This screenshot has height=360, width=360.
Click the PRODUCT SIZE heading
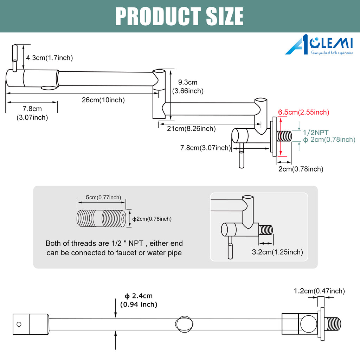tap(179, 16)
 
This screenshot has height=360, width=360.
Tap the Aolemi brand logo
tap(319, 45)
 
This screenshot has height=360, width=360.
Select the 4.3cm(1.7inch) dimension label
tap(49, 58)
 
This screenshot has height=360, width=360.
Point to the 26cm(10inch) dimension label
tap(103, 100)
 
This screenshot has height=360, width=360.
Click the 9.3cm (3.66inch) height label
tap(188, 86)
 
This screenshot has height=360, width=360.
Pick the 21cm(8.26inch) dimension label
tap(191, 129)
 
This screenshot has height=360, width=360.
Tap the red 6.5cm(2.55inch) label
tap(303, 112)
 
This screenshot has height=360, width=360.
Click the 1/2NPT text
tap(316, 133)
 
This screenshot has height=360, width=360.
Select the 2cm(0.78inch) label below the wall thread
tap(301, 169)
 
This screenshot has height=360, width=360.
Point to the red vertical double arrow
tap(281, 137)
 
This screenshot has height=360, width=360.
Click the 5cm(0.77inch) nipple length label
tap(103, 198)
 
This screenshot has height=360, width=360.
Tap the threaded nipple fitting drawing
tap(101, 218)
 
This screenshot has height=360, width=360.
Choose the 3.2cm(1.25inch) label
tap(277, 252)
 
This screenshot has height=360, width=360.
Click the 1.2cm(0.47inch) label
tap(319, 291)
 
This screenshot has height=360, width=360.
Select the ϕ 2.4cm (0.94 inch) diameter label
tap(139, 300)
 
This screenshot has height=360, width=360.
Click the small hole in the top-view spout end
tap(19, 324)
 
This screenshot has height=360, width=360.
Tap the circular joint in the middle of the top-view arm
tap(184, 324)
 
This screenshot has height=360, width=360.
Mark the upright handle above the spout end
tap(15, 58)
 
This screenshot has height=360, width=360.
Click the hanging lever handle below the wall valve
tap(242, 155)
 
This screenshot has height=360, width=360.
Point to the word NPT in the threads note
tap(136, 243)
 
